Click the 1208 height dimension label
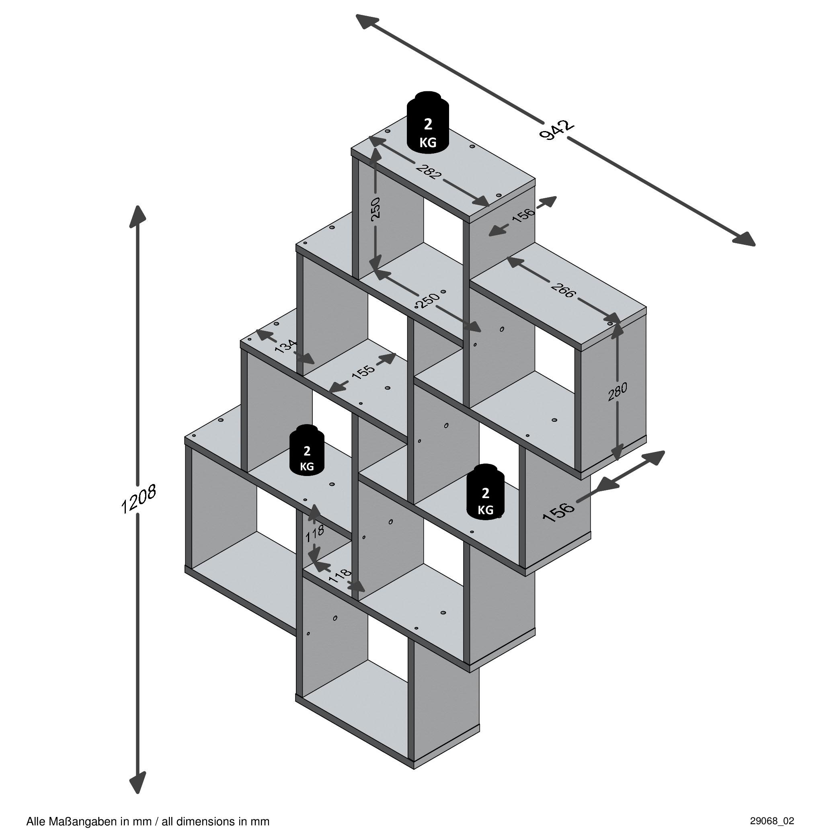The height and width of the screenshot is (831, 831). [x=138, y=499]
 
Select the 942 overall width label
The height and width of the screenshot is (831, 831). [x=556, y=130]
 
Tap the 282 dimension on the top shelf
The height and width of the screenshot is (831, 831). [x=429, y=172]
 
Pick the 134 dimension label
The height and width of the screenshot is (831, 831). [x=285, y=346]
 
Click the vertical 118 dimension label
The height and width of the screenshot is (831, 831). [x=315, y=534]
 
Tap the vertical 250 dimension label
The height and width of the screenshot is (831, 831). [x=375, y=208]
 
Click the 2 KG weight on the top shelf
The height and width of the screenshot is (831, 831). [x=427, y=123]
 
